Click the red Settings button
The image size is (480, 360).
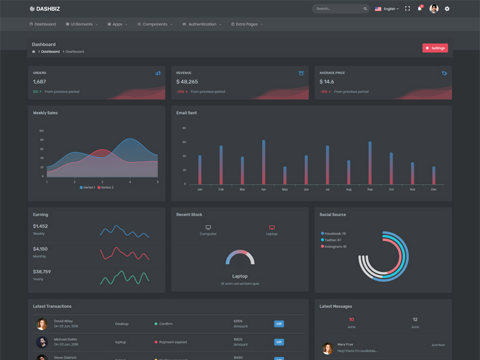pos(435,48)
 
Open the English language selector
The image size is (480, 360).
pos(387,9)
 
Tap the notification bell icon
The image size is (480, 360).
pos(420,9)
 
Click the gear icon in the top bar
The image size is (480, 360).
pos(447,9)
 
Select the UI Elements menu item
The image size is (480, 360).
pos(82,25)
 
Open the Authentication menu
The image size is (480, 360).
pos(202,25)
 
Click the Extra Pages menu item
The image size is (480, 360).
pos(247,25)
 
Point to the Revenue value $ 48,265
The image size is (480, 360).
pos(187,82)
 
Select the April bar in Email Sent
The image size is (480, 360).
pos(263,162)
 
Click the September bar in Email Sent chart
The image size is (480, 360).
pos(370,163)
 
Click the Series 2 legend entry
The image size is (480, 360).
pos(106,188)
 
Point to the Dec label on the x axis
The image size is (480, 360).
pos(433,190)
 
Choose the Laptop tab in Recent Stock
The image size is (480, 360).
pos(272,230)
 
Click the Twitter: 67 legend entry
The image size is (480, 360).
pos(331,240)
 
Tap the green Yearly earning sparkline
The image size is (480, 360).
pos(125,277)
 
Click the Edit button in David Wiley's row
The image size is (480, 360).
pos(279,324)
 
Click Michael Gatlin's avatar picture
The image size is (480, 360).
pos(42,342)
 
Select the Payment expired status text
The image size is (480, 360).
pos(173,342)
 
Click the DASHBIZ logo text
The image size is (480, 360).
pos(48,9)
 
